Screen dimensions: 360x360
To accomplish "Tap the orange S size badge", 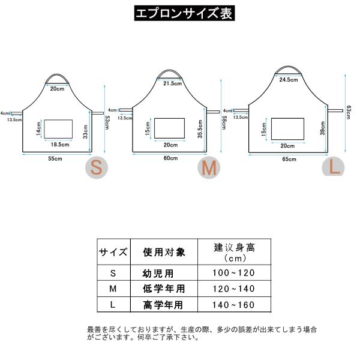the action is pyautogui.click(x=97, y=168).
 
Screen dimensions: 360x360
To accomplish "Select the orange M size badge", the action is pyautogui.click(x=208, y=169).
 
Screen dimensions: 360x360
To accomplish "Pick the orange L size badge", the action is pyautogui.click(x=334, y=166).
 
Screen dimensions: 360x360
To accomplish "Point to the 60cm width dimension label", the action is pyautogui.click(x=170, y=158).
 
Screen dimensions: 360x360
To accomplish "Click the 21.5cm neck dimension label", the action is pyautogui.click(x=172, y=83).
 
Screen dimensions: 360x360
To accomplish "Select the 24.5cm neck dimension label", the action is pyautogui.click(x=289, y=79).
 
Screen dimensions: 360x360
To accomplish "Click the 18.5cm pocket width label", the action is pyautogui.click(x=59, y=144).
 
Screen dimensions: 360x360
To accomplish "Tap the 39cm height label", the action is pyautogui.click(x=322, y=127).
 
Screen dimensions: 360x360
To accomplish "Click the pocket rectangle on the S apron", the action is pyautogui.click(x=59, y=128).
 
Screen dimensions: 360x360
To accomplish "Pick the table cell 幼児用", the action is pyautogui.click(x=162, y=273).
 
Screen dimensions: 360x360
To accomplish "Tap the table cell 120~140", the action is pyautogui.click(x=235, y=289).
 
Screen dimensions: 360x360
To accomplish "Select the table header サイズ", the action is pyautogui.click(x=113, y=253).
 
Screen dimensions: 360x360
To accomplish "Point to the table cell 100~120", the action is pyautogui.click(x=235, y=273).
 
